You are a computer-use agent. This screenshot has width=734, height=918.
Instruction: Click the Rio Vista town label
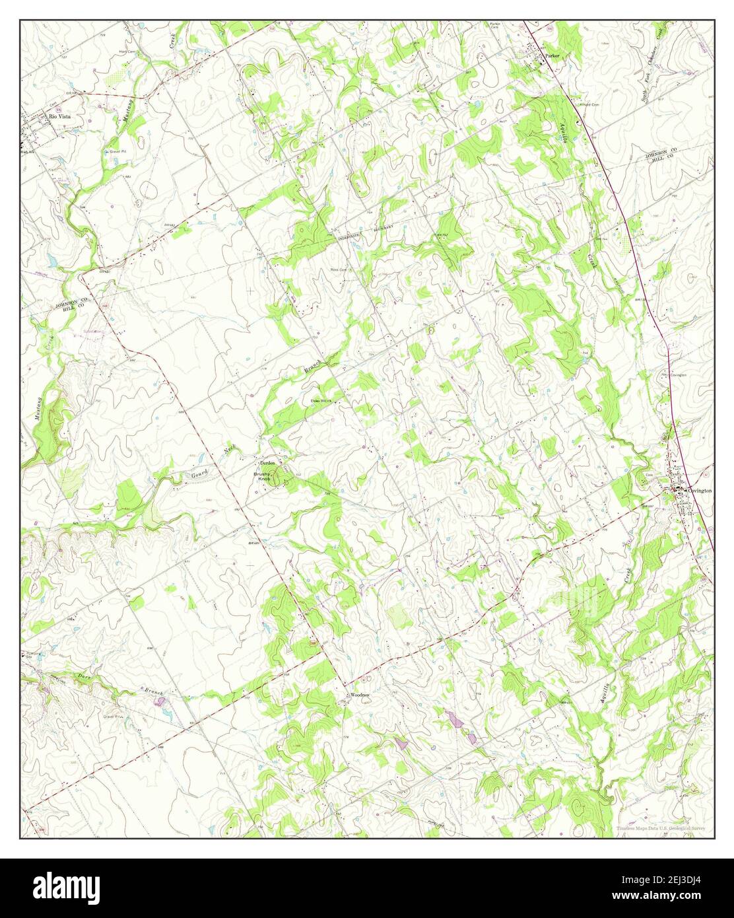tap(59, 116)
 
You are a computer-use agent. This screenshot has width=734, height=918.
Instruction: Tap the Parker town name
tap(552, 56)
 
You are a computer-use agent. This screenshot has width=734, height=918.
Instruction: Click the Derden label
tap(267, 462)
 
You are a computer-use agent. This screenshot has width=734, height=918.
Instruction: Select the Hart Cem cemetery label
tap(127, 51)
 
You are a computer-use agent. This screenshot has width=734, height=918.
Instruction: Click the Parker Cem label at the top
tap(495, 26)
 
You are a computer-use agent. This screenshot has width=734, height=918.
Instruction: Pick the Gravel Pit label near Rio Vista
tap(117, 151)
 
